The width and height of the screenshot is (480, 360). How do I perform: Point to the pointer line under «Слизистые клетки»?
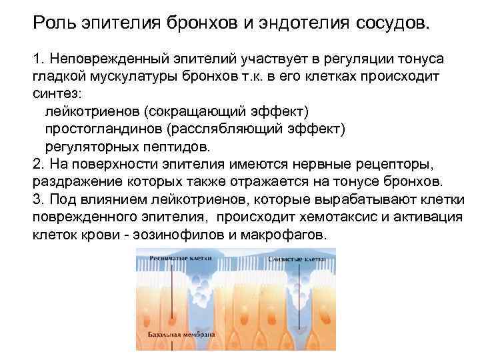coord(299,293)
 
